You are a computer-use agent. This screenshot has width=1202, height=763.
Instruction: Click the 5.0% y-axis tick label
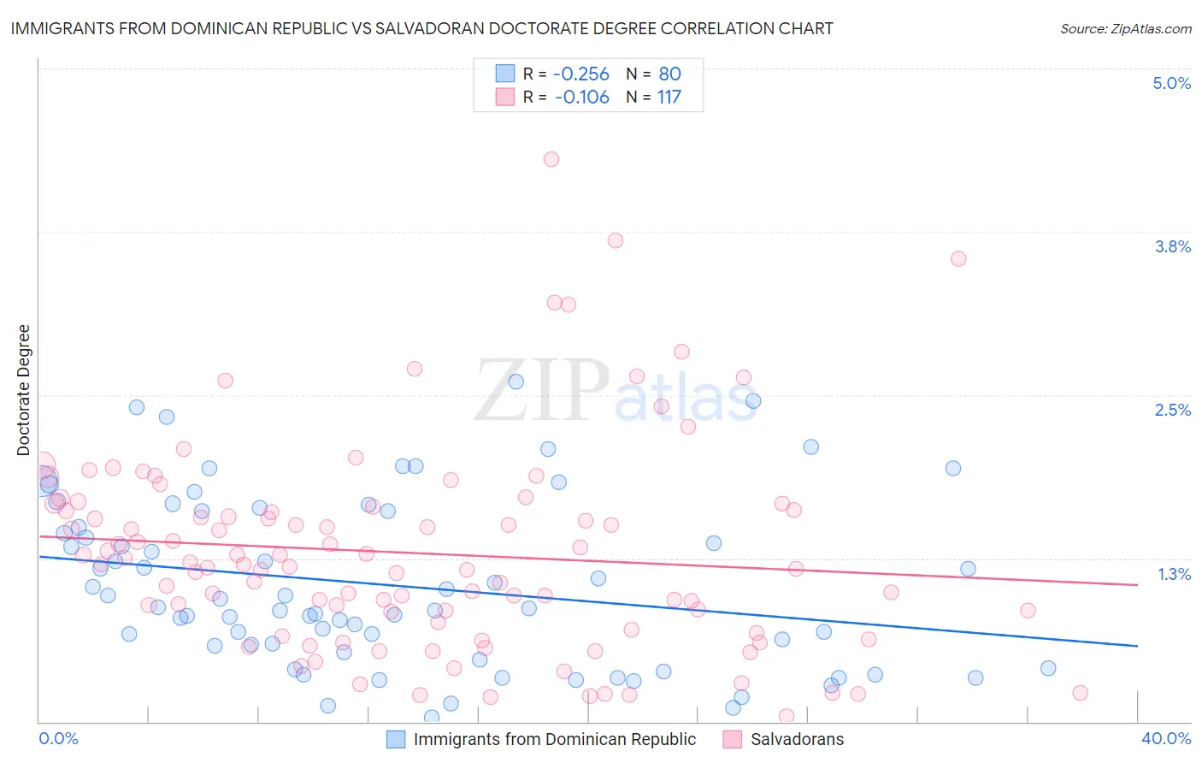pyautogui.click(x=1171, y=83)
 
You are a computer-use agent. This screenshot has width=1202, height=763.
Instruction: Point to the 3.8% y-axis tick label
pyautogui.click(x=1172, y=246)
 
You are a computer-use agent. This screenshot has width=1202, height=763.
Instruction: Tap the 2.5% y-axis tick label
pyautogui.click(x=1172, y=410)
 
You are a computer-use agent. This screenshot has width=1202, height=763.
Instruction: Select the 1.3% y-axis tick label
pyautogui.click(x=1174, y=574)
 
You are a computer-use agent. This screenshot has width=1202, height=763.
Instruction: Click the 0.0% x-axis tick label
pyautogui.click(x=58, y=738)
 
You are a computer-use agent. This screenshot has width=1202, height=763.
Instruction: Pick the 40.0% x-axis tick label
pyautogui.click(x=1165, y=738)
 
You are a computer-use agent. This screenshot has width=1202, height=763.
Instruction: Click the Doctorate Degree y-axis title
pyautogui.click(x=24, y=390)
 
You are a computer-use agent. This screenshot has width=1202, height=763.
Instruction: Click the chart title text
pyautogui.click(x=421, y=28)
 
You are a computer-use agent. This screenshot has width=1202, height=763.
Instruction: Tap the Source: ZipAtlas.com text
pyautogui.click(x=1125, y=29)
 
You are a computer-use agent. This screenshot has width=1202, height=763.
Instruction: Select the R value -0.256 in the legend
pyautogui.click(x=580, y=74)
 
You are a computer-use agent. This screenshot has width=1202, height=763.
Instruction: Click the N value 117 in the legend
pyautogui.click(x=669, y=98)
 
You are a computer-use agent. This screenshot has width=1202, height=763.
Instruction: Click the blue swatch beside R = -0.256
pyautogui.click(x=505, y=74)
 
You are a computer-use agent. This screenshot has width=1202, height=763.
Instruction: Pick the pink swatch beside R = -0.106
pyautogui.click(x=505, y=98)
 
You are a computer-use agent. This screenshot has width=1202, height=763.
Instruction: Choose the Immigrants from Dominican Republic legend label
pyautogui.click(x=554, y=739)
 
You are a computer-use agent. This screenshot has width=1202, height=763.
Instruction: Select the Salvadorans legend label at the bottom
pyautogui.click(x=797, y=739)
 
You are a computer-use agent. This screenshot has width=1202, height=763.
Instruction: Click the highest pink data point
pyautogui.click(x=551, y=159)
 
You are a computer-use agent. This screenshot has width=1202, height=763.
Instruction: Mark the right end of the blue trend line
pyautogui.click(x=1137, y=646)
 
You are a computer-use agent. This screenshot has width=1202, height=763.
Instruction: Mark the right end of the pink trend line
pyautogui.click(x=1137, y=585)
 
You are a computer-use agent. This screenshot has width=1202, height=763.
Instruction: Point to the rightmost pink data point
pyautogui.click(x=1080, y=693)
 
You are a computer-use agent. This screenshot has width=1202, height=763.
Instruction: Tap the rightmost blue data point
pyautogui.click(x=1048, y=668)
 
